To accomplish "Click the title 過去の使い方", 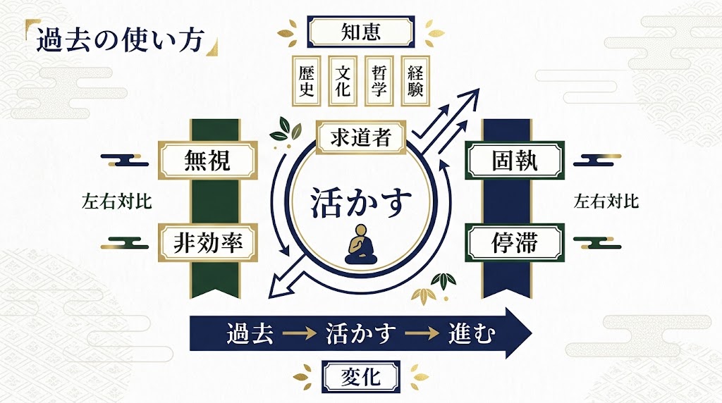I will coord(119,39).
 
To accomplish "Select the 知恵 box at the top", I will coord(361,30).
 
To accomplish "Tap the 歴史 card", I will coord(306,80).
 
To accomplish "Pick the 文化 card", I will coord(343,80).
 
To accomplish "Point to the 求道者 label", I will coord(360,137).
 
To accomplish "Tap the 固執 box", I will coord(515,161).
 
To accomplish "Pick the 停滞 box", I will coord(515,242).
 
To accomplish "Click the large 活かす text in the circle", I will coord(361,202).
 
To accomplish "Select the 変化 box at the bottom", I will coord(361,376).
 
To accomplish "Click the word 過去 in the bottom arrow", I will coord(251,332).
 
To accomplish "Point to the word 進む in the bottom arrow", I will coord(472,332).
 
